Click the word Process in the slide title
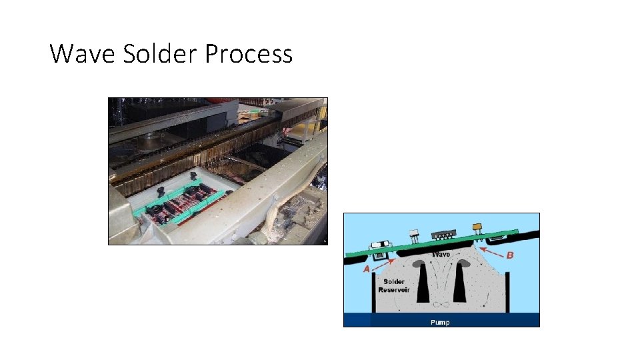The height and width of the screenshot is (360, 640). (x=249, y=53)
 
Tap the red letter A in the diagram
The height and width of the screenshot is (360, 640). (x=366, y=269)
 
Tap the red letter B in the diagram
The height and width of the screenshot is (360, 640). (x=511, y=255)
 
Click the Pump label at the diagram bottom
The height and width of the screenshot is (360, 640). (x=440, y=323)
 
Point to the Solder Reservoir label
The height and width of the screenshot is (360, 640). (x=393, y=285)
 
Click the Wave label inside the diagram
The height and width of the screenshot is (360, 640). (x=441, y=254)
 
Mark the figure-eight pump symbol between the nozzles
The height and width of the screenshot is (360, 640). (x=441, y=305)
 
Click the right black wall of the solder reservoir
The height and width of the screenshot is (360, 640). (x=508, y=294)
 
